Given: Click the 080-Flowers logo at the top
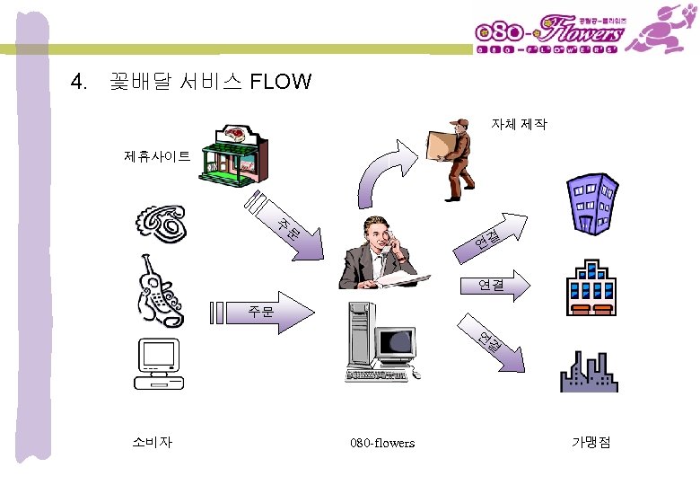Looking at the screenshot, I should [x=549, y=34].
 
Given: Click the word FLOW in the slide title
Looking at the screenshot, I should [x=281, y=83].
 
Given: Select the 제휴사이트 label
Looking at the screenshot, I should [x=157, y=157].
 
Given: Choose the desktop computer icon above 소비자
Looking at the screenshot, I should [x=159, y=364].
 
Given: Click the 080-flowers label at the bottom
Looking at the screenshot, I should [x=382, y=443].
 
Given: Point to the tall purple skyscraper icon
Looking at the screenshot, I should [x=590, y=202].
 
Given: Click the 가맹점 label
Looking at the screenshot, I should [x=591, y=442].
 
